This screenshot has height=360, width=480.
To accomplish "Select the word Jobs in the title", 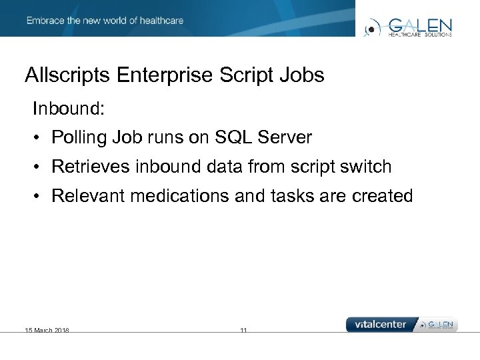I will tap(303, 75).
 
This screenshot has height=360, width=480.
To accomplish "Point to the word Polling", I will tap(79, 137).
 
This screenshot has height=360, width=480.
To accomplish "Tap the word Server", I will tap(284, 137).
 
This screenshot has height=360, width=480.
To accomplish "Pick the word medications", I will tap(184, 196).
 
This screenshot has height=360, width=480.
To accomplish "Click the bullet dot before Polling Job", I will tap(40, 138).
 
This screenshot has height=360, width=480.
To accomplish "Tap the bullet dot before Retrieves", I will tap(40, 167).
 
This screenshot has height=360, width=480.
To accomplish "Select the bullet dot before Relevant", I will tap(40, 197).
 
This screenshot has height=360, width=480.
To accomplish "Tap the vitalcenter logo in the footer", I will tap(381, 324).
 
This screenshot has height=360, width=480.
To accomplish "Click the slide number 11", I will tap(243, 330).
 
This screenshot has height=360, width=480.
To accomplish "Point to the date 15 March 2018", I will tap(47, 330).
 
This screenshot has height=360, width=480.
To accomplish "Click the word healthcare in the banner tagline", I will tap(161, 21).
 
